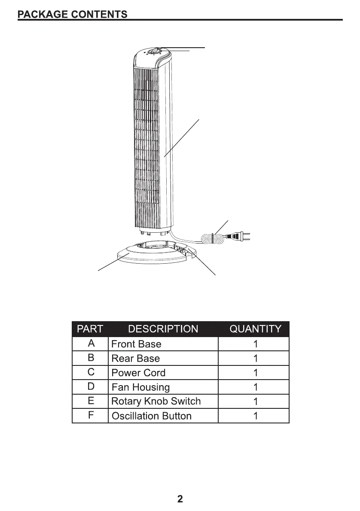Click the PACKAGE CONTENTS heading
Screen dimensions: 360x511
pyautogui.click(x=72, y=14)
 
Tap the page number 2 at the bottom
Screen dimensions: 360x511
pyautogui.click(x=180, y=499)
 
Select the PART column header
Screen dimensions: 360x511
pyautogui.click(x=90, y=329)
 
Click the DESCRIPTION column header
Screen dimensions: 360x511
pyautogui.click(x=163, y=329)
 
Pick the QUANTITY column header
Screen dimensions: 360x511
pyautogui.click(x=255, y=329)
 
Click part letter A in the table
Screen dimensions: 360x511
pyautogui.click(x=91, y=344)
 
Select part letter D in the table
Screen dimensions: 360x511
pyautogui.click(x=91, y=387)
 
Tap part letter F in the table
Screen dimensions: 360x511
pyautogui.click(x=91, y=416)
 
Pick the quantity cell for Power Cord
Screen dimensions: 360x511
pyautogui.click(x=255, y=373)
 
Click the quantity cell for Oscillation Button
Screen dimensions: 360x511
pyautogui.click(x=255, y=416)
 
